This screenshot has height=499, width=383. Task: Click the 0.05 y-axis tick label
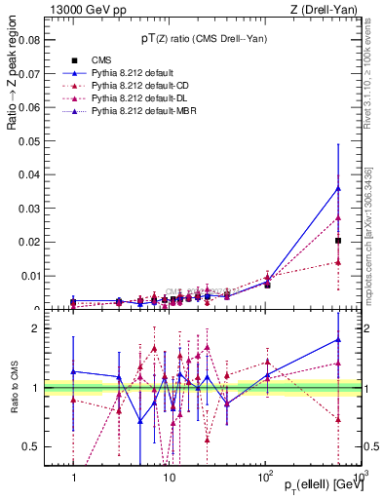click(x=30, y=141)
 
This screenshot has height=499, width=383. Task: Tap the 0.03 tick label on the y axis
click(x=30, y=209)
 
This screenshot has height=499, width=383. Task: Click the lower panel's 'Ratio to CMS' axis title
click(x=11, y=387)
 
